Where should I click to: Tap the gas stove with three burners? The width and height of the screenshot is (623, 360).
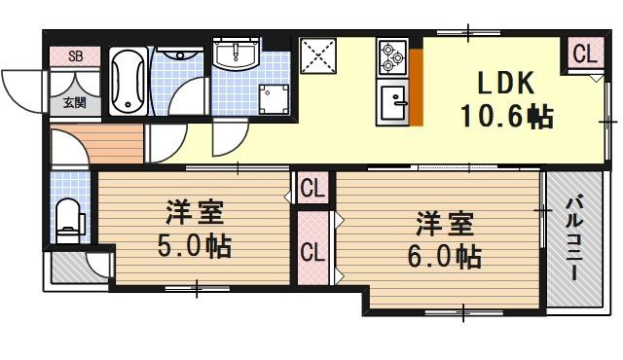point(392,57)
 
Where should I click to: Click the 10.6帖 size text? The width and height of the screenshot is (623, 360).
point(506,118)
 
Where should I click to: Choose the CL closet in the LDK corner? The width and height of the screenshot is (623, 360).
point(584,55)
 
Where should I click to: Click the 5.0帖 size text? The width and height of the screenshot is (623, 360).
point(195,247)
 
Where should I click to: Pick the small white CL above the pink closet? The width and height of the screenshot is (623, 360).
point(311,187)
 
